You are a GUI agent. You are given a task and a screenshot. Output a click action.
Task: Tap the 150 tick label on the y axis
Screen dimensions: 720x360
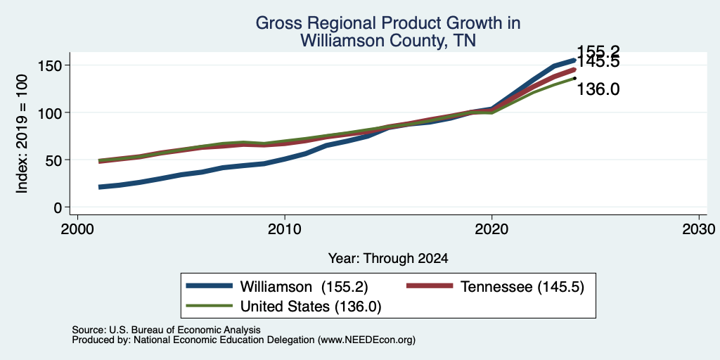click(x=50, y=65)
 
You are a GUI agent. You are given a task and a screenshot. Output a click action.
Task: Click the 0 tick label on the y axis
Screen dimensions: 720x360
click(x=58, y=207)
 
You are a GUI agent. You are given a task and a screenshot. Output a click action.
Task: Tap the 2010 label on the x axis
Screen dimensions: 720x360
click(x=285, y=229)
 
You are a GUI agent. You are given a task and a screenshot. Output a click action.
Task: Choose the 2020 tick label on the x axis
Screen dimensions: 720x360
click(x=491, y=229)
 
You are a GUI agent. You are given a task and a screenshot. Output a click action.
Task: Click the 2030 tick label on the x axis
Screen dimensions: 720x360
click(x=699, y=229)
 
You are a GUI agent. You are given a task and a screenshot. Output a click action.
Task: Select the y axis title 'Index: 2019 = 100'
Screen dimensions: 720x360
click(x=22, y=134)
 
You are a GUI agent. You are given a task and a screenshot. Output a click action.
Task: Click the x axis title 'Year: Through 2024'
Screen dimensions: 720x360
click(x=388, y=259)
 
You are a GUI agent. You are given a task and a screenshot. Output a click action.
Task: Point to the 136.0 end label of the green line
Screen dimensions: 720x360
click(x=598, y=89)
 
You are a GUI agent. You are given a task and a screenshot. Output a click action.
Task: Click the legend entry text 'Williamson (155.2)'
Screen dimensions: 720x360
click(x=304, y=287)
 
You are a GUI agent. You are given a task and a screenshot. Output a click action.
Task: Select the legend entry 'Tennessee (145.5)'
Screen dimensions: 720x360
click(x=522, y=287)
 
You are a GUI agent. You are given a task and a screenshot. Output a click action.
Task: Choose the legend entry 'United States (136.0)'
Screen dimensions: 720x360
click(x=311, y=306)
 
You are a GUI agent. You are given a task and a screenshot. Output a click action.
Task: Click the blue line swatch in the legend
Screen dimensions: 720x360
click(x=209, y=287)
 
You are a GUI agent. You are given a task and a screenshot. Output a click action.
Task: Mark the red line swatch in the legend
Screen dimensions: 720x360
click(x=430, y=287)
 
